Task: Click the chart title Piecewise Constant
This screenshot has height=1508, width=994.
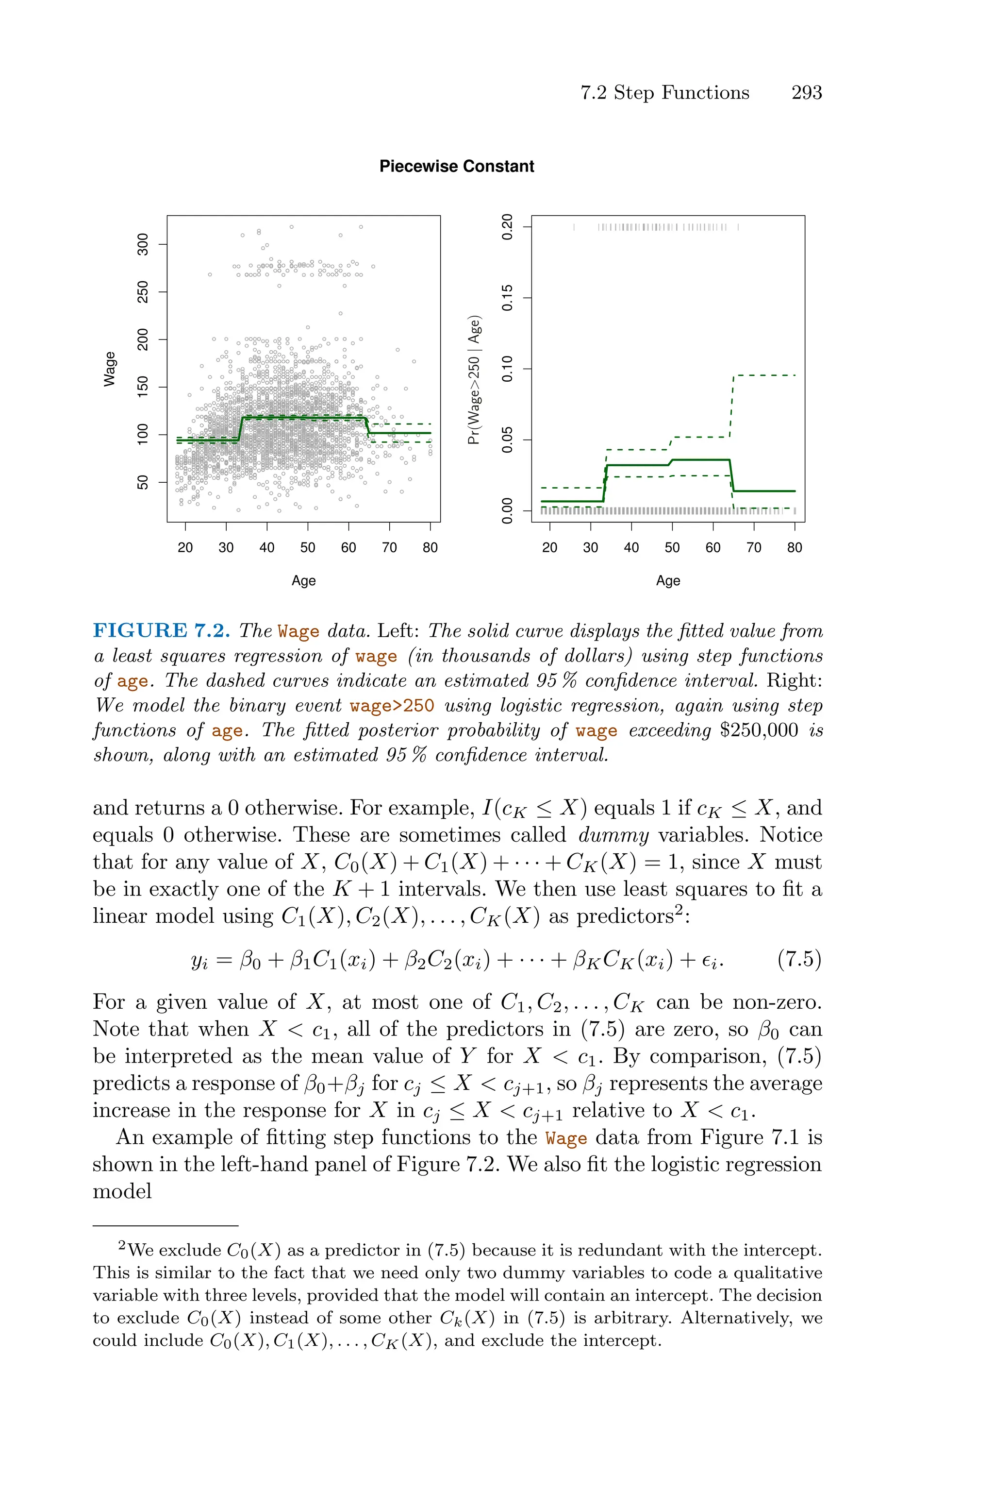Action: pos(456,166)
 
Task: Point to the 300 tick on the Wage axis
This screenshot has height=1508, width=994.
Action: pos(143,244)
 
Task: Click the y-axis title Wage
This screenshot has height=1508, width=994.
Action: pos(110,369)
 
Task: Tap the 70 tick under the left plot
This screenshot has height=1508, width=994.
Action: pos(389,547)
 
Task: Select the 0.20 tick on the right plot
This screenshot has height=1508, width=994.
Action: pos(507,226)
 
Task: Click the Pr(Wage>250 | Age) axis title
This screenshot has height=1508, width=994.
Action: pos(475,379)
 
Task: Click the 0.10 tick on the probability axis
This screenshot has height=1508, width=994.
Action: pos(507,369)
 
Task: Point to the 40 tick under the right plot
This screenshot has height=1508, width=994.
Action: pos(631,547)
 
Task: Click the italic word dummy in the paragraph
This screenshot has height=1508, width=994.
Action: pos(613,835)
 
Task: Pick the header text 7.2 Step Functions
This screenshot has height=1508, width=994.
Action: pos(664,93)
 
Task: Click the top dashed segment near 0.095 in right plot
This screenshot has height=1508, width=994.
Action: pos(764,375)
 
